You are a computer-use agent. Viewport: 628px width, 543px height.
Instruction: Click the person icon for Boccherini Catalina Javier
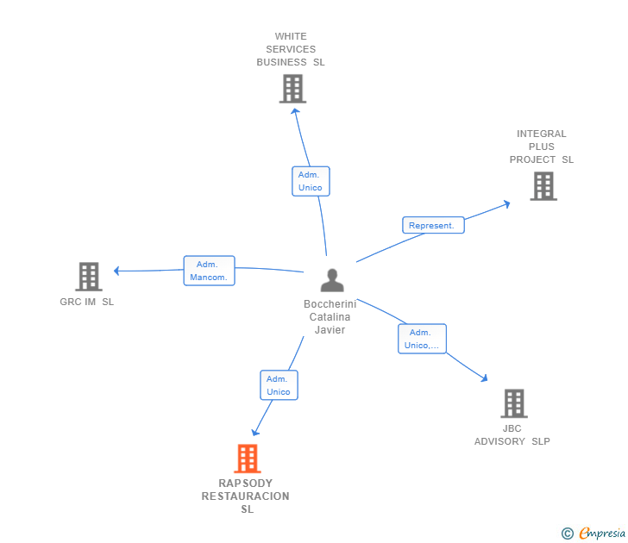tap(332, 280)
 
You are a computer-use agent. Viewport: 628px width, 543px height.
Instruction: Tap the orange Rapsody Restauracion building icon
tap(248, 459)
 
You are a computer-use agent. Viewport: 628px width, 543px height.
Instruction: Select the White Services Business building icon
tap(292, 88)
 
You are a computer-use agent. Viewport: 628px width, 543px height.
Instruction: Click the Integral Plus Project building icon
tap(543, 185)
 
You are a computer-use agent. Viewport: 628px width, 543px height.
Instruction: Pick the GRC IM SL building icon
tap(89, 277)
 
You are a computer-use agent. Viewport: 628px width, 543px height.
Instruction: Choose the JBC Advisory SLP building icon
tap(513, 403)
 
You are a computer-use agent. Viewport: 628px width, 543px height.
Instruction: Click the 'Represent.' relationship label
tap(432, 226)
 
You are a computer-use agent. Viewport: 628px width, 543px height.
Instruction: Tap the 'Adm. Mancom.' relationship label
tap(209, 271)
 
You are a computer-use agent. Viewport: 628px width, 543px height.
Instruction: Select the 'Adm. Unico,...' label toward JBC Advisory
tap(422, 339)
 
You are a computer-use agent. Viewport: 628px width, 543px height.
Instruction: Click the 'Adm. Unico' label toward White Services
tap(310, 181)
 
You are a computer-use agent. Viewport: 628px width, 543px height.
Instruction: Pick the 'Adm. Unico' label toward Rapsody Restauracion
tap(279, 385)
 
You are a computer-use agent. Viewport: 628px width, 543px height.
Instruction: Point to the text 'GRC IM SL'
tap(86, 302)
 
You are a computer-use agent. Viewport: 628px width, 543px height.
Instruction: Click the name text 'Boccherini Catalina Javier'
tap(330, 317)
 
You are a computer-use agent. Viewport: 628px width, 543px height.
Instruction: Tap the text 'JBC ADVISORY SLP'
tap(512, 435)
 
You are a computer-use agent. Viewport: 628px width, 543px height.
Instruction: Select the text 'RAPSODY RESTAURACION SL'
tap(246, 496)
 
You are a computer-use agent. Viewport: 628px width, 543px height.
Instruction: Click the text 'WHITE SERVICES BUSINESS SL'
tap(291, 49)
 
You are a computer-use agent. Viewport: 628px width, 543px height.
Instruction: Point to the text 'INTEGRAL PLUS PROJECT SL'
tap(542, 147)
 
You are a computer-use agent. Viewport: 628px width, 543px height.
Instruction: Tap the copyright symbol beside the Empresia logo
tap(567, 534)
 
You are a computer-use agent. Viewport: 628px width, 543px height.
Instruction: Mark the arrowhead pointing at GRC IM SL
tap(116, 271)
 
